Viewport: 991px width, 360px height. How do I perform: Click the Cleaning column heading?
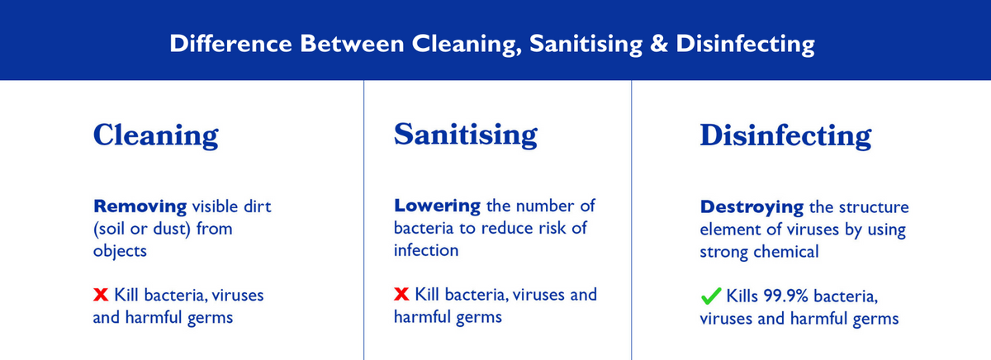click(156, 135)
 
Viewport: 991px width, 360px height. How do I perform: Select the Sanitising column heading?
click(466, 135)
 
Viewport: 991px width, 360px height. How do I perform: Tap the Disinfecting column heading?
click(785, 135)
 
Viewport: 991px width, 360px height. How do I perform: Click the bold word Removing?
click(140, 206)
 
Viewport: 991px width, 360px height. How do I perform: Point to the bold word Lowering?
click(437, 206)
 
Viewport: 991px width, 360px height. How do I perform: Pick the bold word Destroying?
click(752, 207)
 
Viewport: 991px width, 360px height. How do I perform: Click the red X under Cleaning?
click(101, 295)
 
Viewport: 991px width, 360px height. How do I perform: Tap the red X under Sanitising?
click(401, 294)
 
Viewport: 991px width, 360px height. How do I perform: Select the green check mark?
click(711, 296)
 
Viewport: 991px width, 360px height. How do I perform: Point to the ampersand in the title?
click(659, 44)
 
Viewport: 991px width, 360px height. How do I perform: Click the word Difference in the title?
click(230, 44)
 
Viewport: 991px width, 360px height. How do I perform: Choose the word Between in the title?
click(352, 44)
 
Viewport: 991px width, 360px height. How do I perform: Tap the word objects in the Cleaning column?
click(120, 251)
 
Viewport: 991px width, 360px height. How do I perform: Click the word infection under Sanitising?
click(426, 250)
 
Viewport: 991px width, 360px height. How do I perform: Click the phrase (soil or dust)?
click(141, 229)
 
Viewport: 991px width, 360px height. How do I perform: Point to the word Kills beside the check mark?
click(742, 296)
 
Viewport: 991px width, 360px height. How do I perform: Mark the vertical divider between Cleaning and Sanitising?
click(363, 220)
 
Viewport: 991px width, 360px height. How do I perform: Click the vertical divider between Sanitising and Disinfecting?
click(631, 220)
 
